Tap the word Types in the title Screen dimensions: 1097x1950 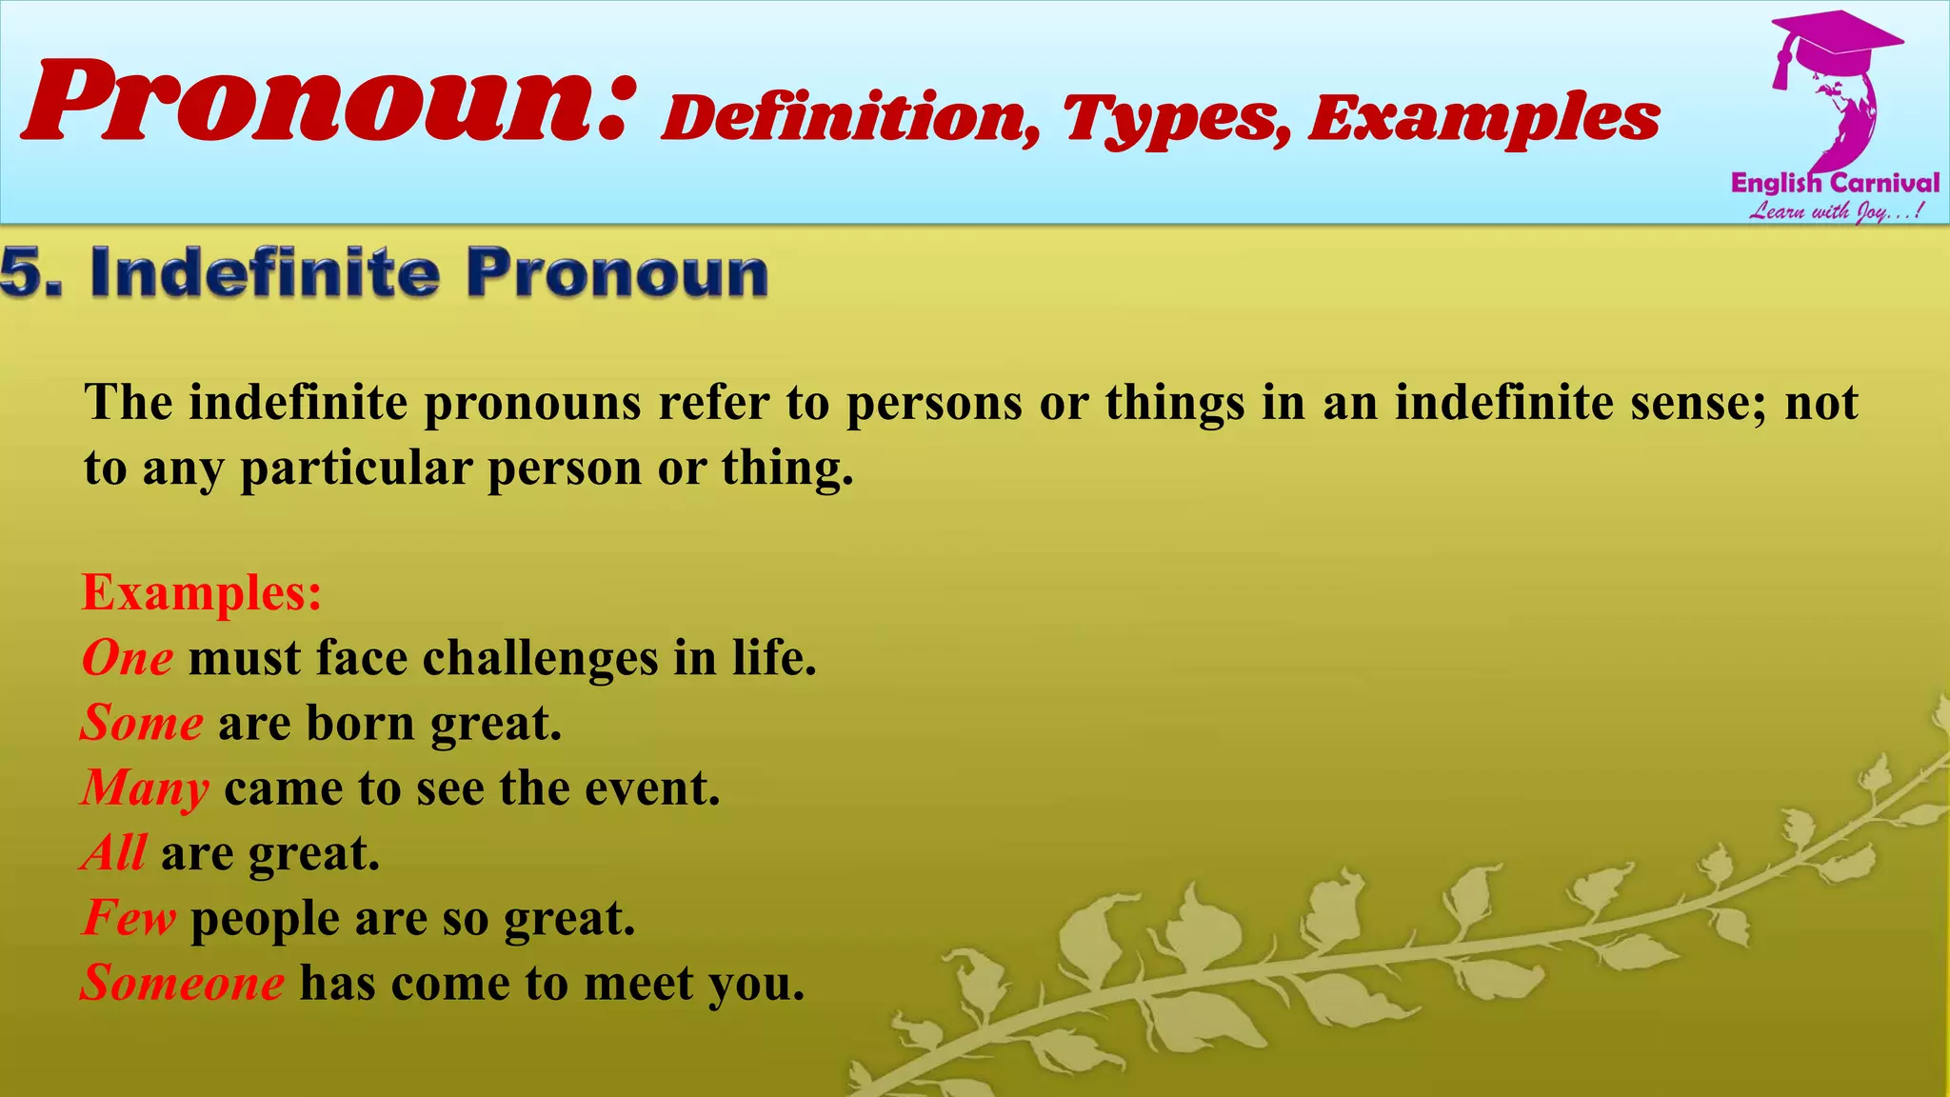coord(1176,120)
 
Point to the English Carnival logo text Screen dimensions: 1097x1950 coord(1835,183)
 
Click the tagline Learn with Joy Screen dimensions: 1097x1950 coord(1835,211)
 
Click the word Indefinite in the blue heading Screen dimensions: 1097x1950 coord(265,273)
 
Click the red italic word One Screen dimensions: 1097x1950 coord(128,658)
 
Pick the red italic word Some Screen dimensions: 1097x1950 coord(142,723)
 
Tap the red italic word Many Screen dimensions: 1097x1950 coord(145,788)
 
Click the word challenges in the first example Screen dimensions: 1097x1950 coord(540,658)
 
